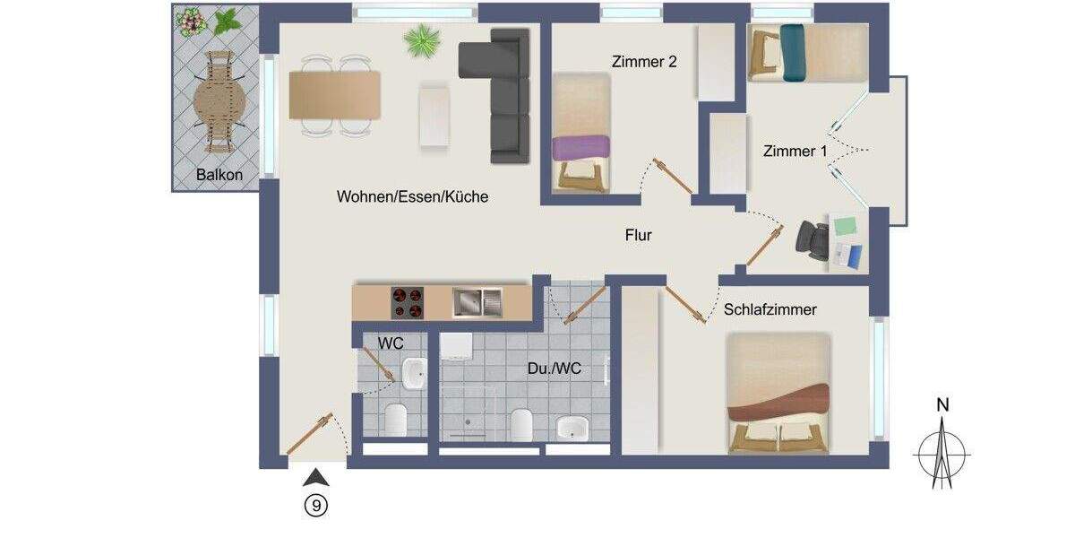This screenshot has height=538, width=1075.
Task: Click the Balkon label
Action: tap(219, 175)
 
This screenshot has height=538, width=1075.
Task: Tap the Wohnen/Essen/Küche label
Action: tap(413, 196)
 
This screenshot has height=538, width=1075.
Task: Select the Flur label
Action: tap(638, 236)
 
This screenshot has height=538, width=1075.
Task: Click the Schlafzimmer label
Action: tap(770, 309)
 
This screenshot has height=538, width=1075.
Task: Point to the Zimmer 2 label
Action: tap(644, 62)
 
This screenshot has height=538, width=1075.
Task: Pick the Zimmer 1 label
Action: tap(795, 152)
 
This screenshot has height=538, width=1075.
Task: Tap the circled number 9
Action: tap(315, 506)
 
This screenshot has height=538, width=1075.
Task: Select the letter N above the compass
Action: tap(942, 405)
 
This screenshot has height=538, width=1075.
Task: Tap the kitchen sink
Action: tap(477, 301)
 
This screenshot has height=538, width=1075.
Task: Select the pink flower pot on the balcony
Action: tap(190, 20)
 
